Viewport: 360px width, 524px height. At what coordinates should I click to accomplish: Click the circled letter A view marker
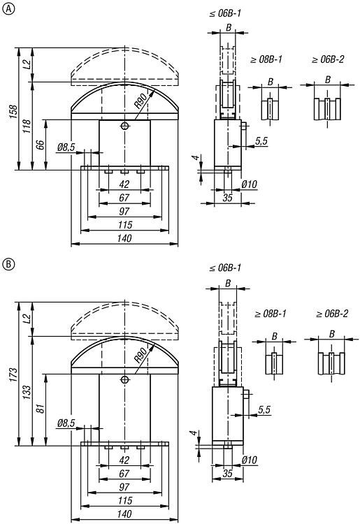(x=8, y=9)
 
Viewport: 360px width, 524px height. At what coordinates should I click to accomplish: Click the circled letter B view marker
(x=8, y=264)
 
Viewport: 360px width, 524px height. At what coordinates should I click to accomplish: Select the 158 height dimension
(x=13, y=112)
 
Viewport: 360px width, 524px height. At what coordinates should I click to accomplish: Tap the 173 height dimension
(x=13, y=375)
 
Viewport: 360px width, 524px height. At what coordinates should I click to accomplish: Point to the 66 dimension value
(x=40, y=145)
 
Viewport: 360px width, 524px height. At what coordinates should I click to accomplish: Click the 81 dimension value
(x=40, y=409)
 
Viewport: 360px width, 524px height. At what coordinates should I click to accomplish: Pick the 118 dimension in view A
(x=27, y=126)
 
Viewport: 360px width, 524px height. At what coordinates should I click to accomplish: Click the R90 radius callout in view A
(x=141, y=101)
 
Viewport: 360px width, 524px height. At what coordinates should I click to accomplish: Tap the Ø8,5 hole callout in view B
(x=66, y=423)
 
